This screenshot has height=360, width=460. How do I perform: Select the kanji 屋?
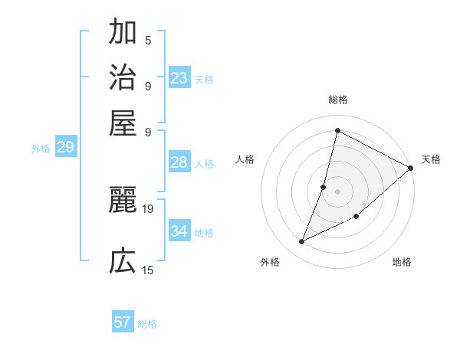(x=123, y=122)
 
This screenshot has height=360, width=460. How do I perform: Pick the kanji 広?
(x=123, y=262)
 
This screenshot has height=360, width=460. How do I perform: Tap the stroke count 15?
(x=148, y=270)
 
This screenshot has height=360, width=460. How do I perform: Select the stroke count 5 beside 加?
(x=148, y=40)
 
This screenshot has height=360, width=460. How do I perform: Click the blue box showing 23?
(x=179, y=78)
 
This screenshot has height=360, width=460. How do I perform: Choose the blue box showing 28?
(x=179, y=162)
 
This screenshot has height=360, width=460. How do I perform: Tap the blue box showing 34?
(x=179, y=231)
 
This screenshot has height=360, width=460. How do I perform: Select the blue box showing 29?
(x=65, y=148)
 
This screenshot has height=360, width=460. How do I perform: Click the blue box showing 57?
(x=123, y=322)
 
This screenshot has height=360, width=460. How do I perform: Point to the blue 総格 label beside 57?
(x=147, y=324)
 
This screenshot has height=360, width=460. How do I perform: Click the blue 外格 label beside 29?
(x=41, y=149)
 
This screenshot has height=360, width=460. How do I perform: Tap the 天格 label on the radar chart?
(x=431, y=159)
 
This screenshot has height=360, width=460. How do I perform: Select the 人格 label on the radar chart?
(x=245, y=159)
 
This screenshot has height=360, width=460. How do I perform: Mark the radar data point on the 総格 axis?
(x=337, y=130)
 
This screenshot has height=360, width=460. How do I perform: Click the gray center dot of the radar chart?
(x=337, y=191)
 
